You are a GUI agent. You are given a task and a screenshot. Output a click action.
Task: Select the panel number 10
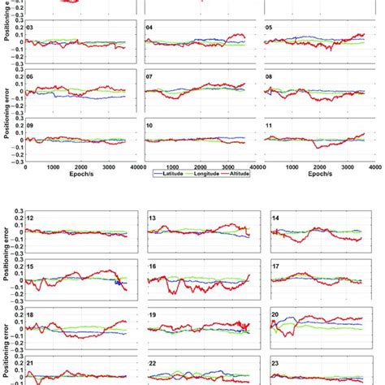point(149,124)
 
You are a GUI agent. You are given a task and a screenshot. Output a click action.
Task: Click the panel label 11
point(270,124)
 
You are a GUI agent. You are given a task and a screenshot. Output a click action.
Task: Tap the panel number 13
point(153,218)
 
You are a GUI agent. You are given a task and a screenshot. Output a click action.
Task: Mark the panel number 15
point(30,266)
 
